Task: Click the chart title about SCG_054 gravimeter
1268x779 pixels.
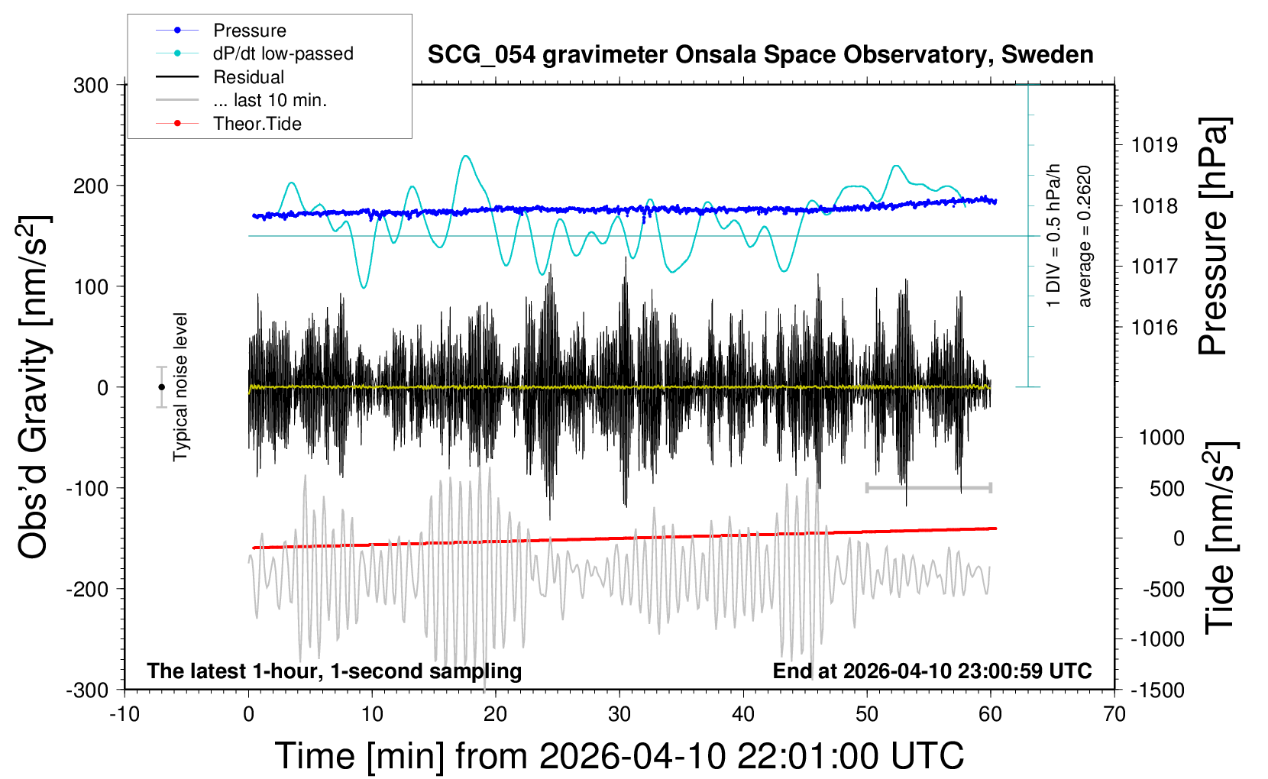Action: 760,55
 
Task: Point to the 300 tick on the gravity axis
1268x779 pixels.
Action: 91,85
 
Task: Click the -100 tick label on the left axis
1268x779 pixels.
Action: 87,488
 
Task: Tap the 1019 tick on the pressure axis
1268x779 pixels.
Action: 1154,145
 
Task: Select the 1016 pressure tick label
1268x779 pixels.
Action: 1154,328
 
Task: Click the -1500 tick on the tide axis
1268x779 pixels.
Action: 1156,690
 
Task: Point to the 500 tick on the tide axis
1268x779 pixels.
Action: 1166,488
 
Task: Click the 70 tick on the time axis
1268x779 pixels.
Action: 1114,714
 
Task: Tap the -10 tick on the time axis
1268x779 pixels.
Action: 125,714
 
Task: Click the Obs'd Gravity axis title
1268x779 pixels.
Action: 34,387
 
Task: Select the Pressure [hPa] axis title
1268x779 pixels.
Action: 1212,237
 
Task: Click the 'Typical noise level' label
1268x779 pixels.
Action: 180,387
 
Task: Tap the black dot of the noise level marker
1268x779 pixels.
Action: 161,387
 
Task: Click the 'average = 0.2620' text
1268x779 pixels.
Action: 1085,237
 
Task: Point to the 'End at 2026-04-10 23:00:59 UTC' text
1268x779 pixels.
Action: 932,671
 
